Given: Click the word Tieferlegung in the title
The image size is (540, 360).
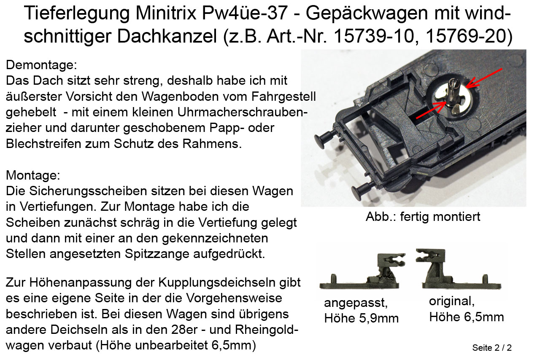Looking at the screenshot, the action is pos(77,14).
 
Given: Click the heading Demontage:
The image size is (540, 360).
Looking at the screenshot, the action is pos(41,65).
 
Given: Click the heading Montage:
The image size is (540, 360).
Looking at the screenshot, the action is pos(33,175).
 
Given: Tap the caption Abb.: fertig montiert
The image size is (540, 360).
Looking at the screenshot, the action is pos(423,217).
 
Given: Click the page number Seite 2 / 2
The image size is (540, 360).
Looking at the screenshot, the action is pos(492,348).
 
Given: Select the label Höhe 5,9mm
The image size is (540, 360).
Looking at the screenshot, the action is pos(362,318).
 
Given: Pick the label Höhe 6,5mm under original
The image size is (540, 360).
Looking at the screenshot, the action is pos(467,317).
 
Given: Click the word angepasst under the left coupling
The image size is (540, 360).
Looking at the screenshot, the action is pos(356,303).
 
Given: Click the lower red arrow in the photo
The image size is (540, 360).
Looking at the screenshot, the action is pos(431,110).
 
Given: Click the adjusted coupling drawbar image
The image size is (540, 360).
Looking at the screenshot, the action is pos(362,271).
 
